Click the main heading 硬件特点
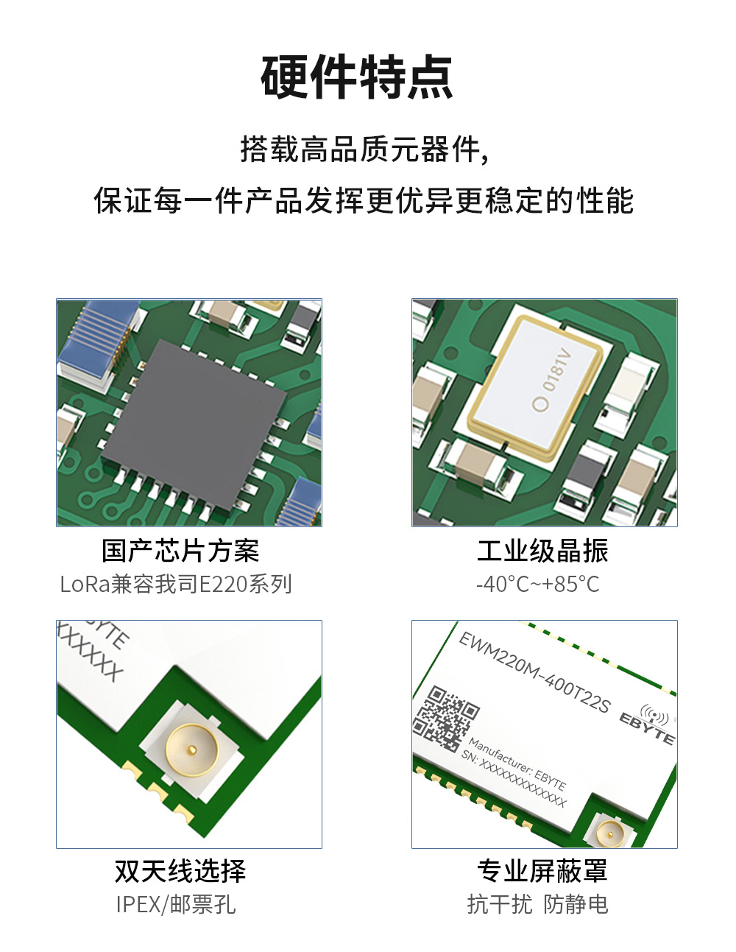point(357,77)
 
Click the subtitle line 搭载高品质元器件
point(364,149)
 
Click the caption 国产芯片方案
point(180,551)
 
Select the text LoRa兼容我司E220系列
point(177,585)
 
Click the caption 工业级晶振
point(542,551)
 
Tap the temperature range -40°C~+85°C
point(538,585)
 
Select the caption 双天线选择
point(180,871)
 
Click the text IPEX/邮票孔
point(176,904)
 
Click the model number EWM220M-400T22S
point(534,671)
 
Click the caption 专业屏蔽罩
point(542,871)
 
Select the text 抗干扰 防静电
point(538,904)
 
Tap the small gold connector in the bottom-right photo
point(610,833)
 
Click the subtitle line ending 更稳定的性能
point(364,200)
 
